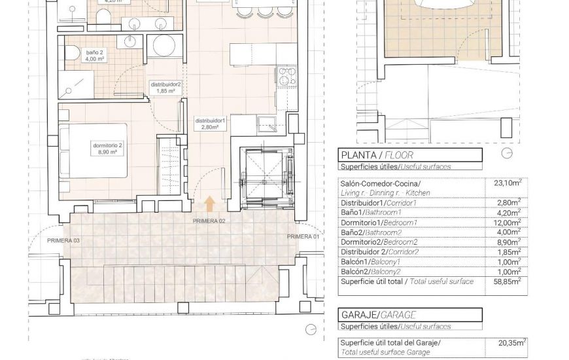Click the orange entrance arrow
(x=209, y=204)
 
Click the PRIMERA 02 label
(x=209, y=221)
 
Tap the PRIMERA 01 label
(x=303, y=236)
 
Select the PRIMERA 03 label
(x=63, y=241)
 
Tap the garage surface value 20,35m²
(x=511, y=342)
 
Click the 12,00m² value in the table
(x=508, y=223)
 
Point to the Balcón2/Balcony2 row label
(x=383, y=271)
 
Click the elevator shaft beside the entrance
(x=268, y=178)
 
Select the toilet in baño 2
(x=74, y=53)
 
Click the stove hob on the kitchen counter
(x=285, y=77)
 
